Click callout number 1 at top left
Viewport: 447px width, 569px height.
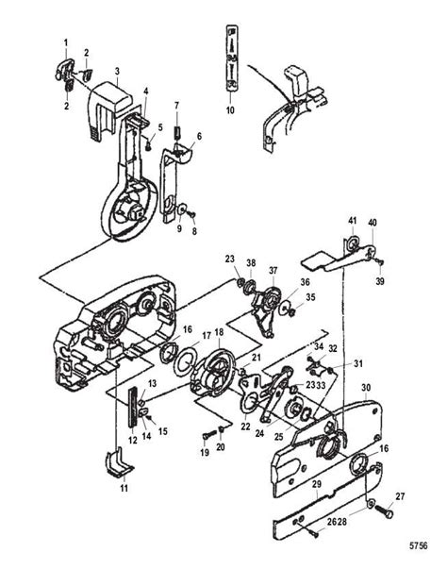(66, 43)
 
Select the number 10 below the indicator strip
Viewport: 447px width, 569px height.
(230, 110)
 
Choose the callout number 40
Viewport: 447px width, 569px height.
(372, 223)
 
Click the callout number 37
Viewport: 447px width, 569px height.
(272, 269)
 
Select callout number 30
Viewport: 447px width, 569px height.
(366, 386)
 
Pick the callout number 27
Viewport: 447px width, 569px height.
(401, 495)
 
